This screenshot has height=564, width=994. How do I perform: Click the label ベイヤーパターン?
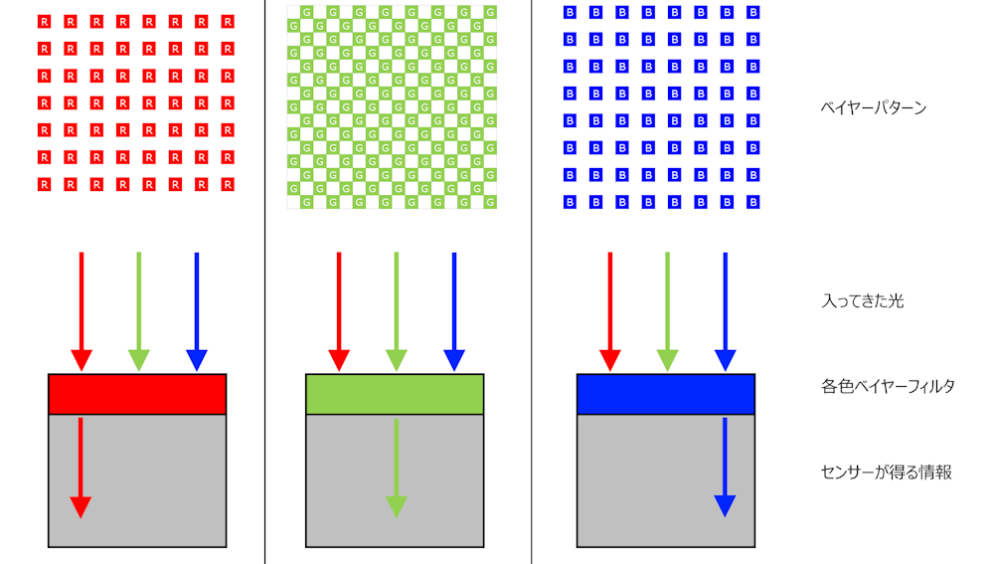873,107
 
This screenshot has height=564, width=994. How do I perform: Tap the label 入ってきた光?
862,300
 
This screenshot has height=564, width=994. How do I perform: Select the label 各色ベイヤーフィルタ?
888,386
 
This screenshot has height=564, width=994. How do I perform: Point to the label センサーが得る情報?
887,472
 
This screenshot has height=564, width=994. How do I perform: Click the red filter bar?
137,394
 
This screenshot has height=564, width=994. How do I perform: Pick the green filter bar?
395,394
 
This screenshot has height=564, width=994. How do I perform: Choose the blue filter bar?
666,394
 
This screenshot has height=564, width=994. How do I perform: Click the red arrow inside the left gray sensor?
81,469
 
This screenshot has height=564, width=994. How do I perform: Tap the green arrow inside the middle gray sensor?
397,469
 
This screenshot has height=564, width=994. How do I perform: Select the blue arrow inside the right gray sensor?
725,468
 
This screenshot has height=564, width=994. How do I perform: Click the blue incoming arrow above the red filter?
197,311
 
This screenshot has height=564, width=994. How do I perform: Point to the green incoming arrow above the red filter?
139,311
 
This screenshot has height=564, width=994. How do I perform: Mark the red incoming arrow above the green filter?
339,311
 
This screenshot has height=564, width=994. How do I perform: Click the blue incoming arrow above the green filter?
454,311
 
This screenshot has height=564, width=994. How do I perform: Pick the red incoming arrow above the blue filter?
610,311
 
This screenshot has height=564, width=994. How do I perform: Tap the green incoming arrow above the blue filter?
667,311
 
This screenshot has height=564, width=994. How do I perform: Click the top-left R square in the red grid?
44,22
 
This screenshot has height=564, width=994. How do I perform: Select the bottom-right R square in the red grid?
228,185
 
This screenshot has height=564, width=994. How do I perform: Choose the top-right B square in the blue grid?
753,12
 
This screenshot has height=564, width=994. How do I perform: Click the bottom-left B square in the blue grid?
570,202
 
